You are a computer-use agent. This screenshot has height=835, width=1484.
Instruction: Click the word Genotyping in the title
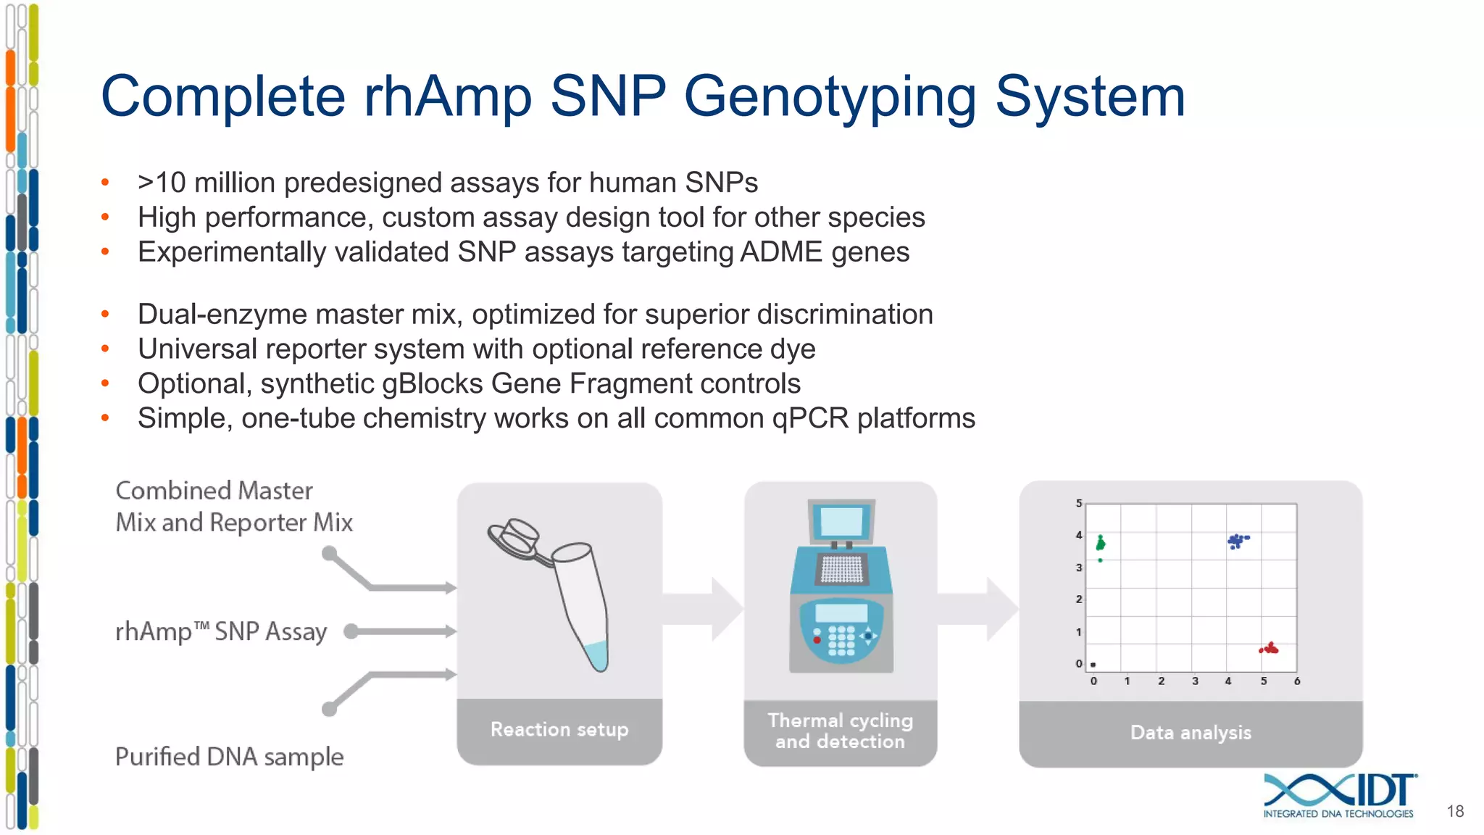coord(830,98)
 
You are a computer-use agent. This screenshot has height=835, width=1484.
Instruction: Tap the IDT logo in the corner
coord(1339,794)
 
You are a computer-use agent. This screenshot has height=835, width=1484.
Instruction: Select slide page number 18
coord(1455,811)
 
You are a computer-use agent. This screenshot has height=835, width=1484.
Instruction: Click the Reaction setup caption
coord(559,729)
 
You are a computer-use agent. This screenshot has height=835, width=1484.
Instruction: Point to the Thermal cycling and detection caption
coord(840,731)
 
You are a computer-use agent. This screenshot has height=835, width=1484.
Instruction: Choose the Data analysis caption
coord(1191,733)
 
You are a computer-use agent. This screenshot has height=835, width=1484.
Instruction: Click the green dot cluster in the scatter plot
coord(1101,543)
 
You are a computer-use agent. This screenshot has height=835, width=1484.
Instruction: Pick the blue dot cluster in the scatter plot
coord(1237,541)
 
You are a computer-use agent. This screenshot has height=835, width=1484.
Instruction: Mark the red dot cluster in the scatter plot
coord(1270,649)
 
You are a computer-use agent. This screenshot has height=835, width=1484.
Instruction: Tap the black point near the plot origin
coord(1093,665)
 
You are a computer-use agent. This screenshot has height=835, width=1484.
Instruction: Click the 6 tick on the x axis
coord(1297,681)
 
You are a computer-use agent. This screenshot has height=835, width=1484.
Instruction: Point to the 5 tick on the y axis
coord(1078,503)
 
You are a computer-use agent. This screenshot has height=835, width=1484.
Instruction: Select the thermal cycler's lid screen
coord(841,521)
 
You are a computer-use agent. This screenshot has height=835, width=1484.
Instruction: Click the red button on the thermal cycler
coord(817,640)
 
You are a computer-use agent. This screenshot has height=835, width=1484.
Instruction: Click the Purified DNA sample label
coord(229,757)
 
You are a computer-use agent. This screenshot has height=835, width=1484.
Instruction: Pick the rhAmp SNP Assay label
coord(221,631)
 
